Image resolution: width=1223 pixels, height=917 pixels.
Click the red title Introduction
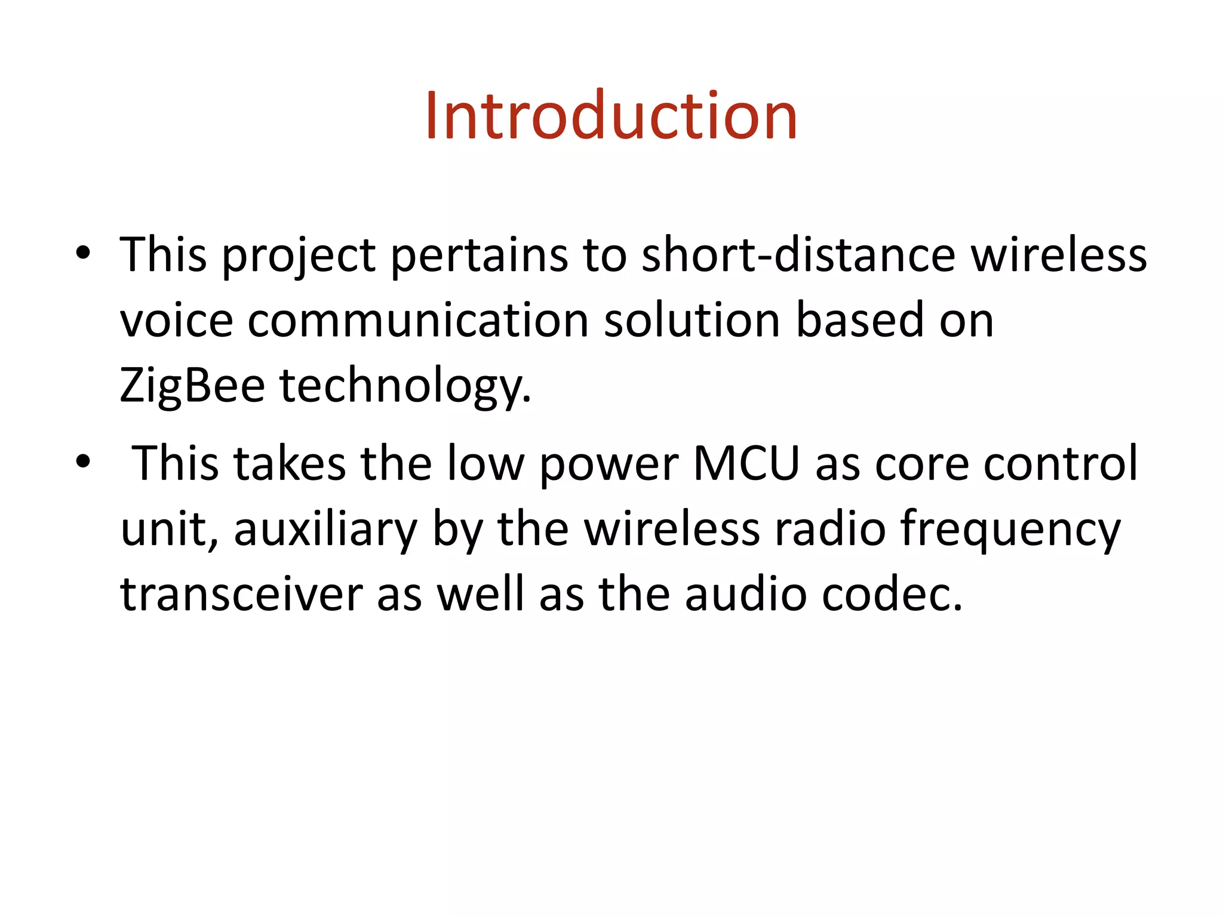coord(611,116)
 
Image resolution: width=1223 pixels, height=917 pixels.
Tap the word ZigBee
coord(192,385)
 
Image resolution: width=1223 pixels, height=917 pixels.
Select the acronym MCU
coord(746,463)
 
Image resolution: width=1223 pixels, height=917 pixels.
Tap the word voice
coord(176,321)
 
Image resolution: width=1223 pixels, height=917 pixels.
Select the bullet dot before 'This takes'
coord(83,461)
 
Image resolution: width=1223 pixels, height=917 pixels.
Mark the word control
coord(1061,463)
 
